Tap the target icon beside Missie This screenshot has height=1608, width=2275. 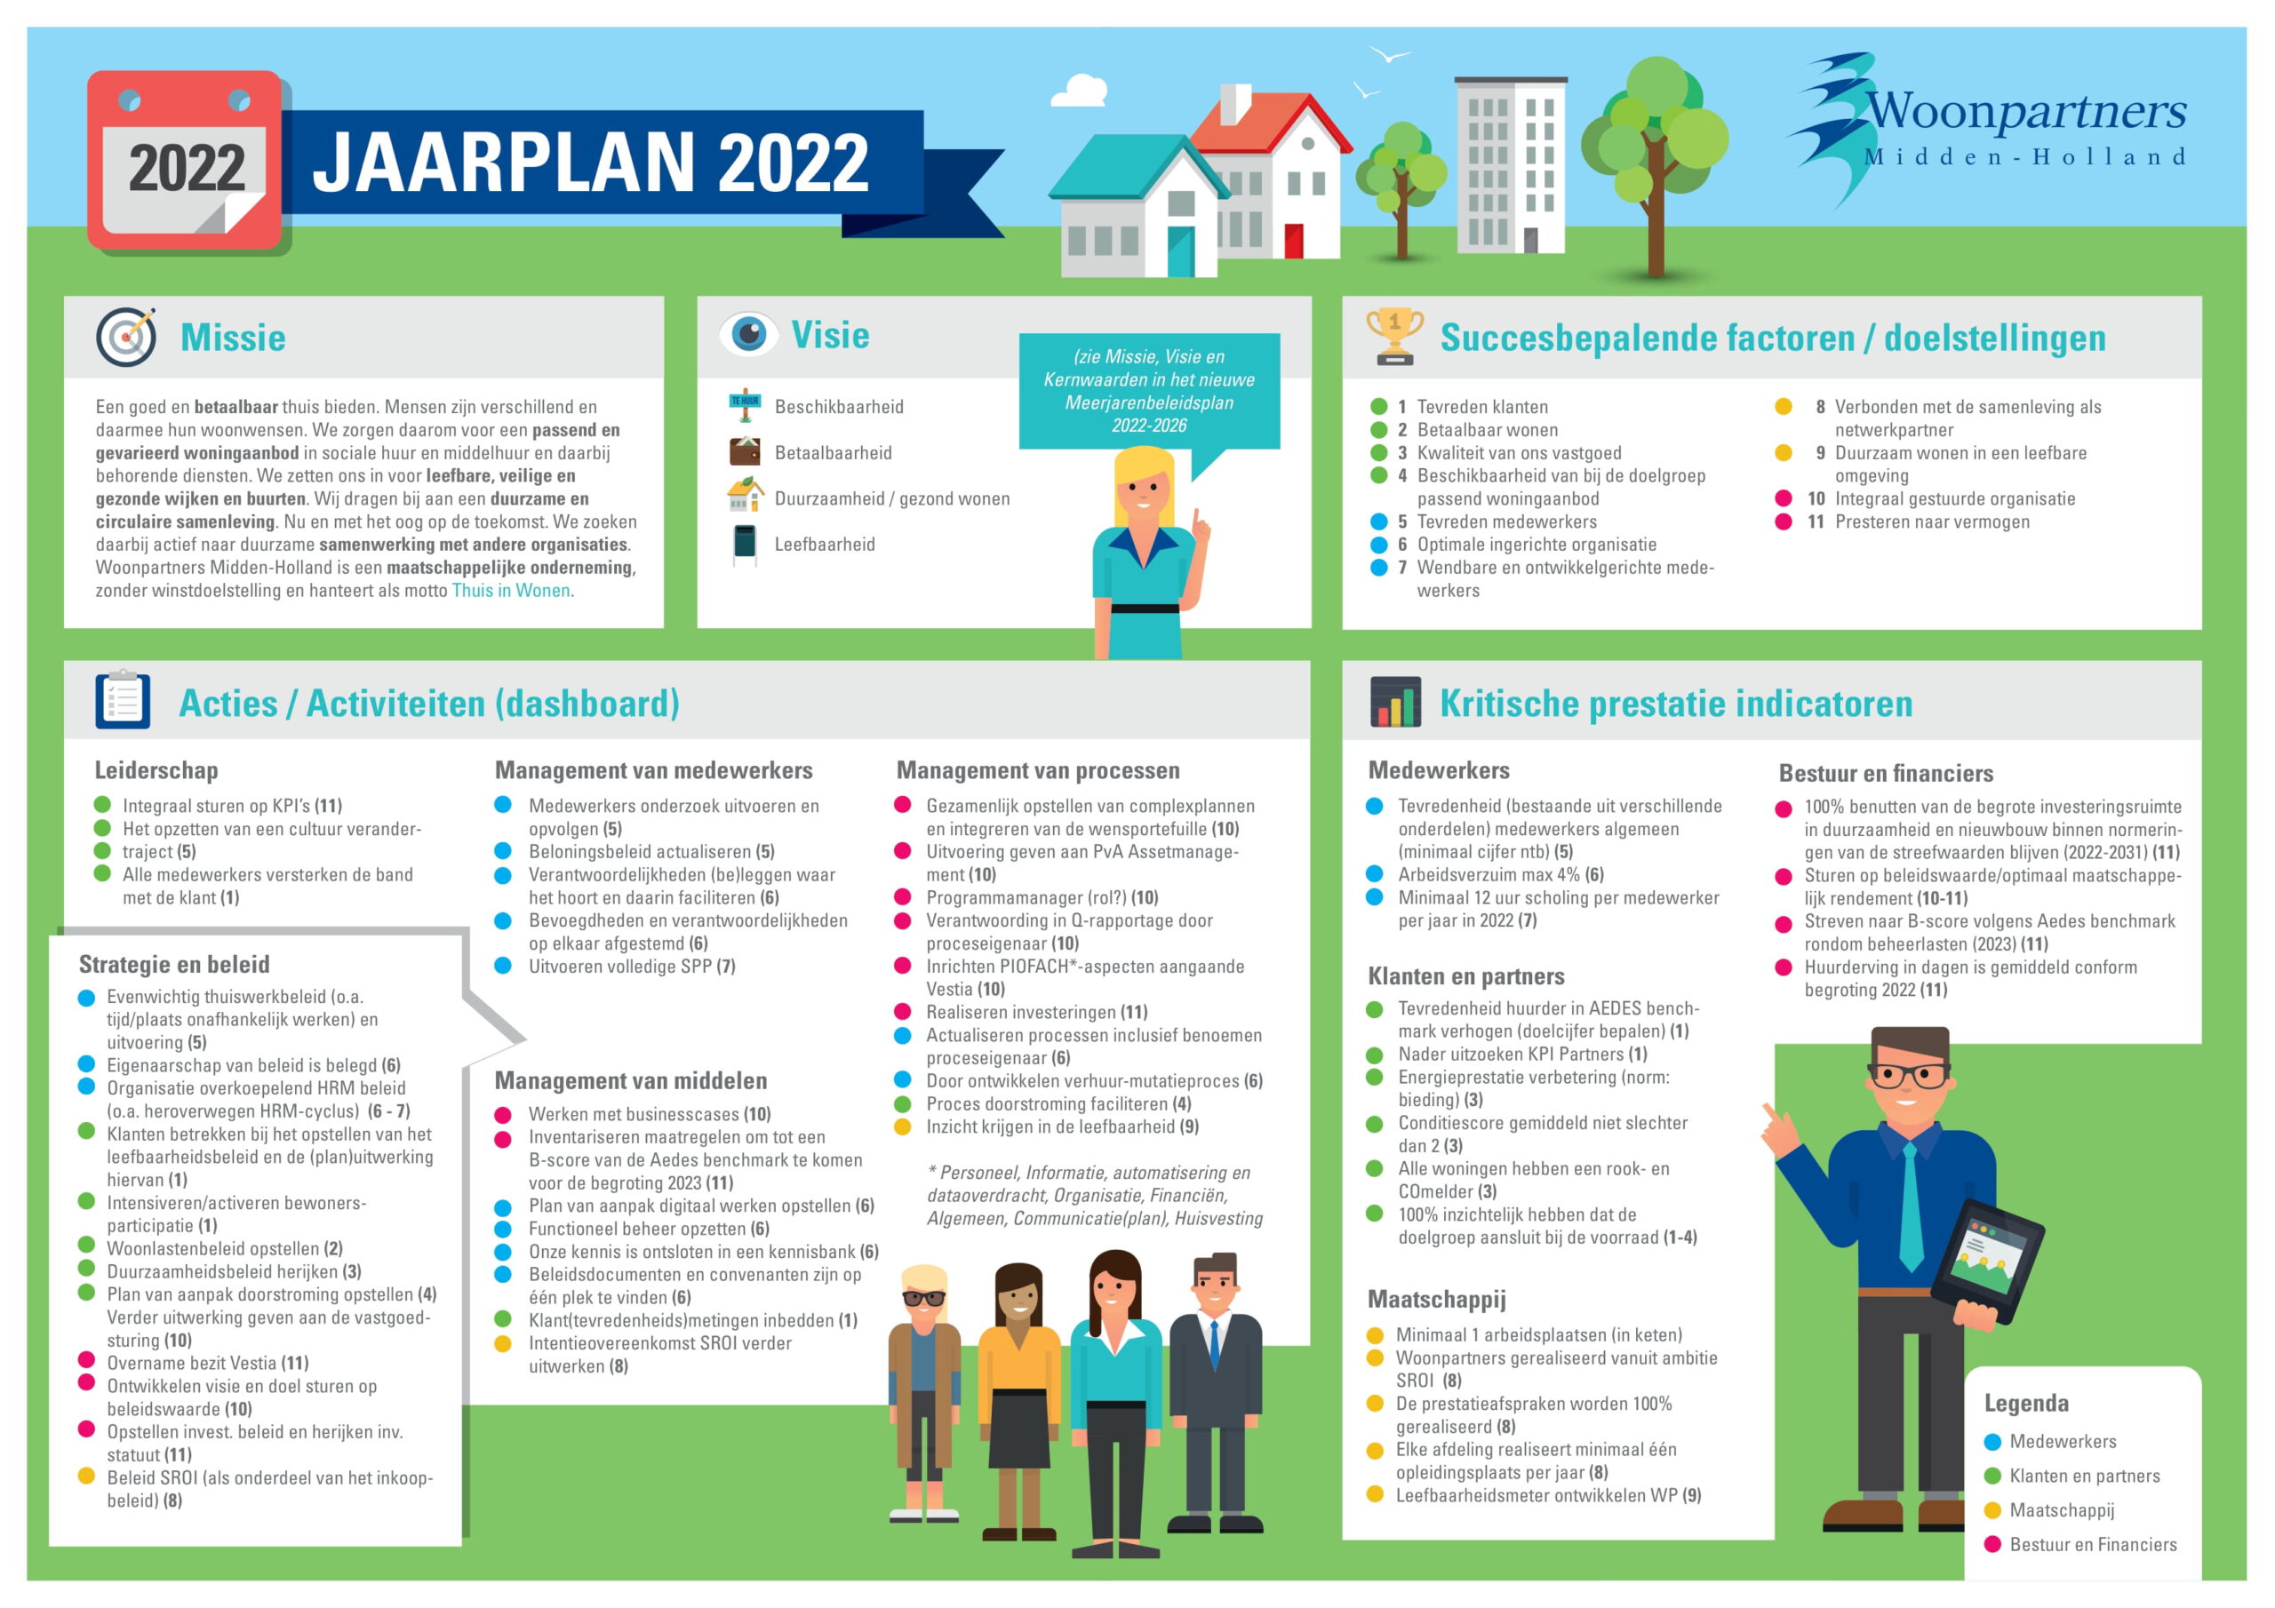[127, 337]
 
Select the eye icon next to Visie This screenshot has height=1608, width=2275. [749, 334]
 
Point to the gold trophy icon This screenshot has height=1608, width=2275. [1394, 336]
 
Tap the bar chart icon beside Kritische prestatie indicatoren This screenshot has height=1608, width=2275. [1395, 702]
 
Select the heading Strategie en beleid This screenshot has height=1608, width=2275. [174, 964]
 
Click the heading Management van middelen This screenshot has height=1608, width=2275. [631, 1080]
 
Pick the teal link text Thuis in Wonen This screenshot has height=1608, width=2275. [511, 591]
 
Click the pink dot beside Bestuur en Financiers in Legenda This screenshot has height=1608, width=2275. [1992, 1545]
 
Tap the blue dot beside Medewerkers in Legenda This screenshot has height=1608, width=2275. [1992, 1442]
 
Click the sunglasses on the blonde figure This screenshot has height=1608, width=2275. [922, 1298]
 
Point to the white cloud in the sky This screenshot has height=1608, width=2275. [1079, 92]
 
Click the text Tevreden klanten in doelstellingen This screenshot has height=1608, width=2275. [1482, 407]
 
